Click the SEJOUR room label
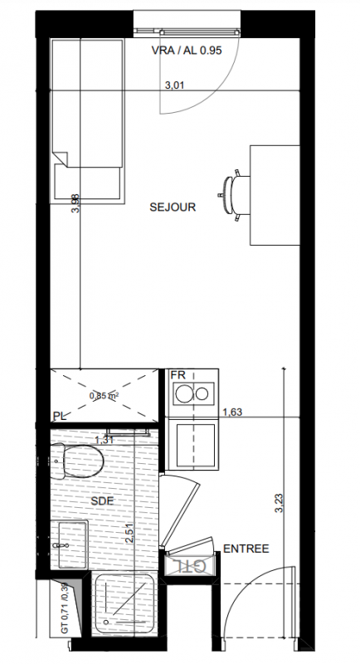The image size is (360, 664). pyautogui.click(x=173, y=207)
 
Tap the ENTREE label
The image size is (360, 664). pyautogui.click(x=246, y=549)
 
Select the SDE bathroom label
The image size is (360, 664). pyautogui.click(x=102, y=501)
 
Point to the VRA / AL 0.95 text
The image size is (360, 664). pyautogui.click(x=187, y=51)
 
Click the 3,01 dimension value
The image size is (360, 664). pyautogui.click(x=174, y=85)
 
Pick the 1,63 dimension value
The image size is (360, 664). pyautogui.click(x=232, y=412)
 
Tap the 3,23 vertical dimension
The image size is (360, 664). pyautogui.click(x=279, y=504)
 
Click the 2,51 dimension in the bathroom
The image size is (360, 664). pyautogui.click(x=130, y=533)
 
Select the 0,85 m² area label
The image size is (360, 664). pyautogui.click(x=104, y=397)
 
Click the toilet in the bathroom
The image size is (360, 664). pyautogui.click(x=77, y=461)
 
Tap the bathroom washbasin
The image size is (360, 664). pyautogui.click(x=70, y=545)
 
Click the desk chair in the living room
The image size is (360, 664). pyautogui.click(x=236, y=195)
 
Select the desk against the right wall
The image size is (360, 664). pyautogui.click(x=275, y=195)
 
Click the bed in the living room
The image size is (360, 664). pyautogui.click(x=87, y=121)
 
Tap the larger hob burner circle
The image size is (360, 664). pyautogui.click(x=184, y=393)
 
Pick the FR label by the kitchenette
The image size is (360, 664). pyautogui.click(x=178, y=375)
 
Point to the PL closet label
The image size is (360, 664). pyautogui.click(x=59, y=417)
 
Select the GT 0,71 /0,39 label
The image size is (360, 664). pyautogui.click(x=65, y=608)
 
